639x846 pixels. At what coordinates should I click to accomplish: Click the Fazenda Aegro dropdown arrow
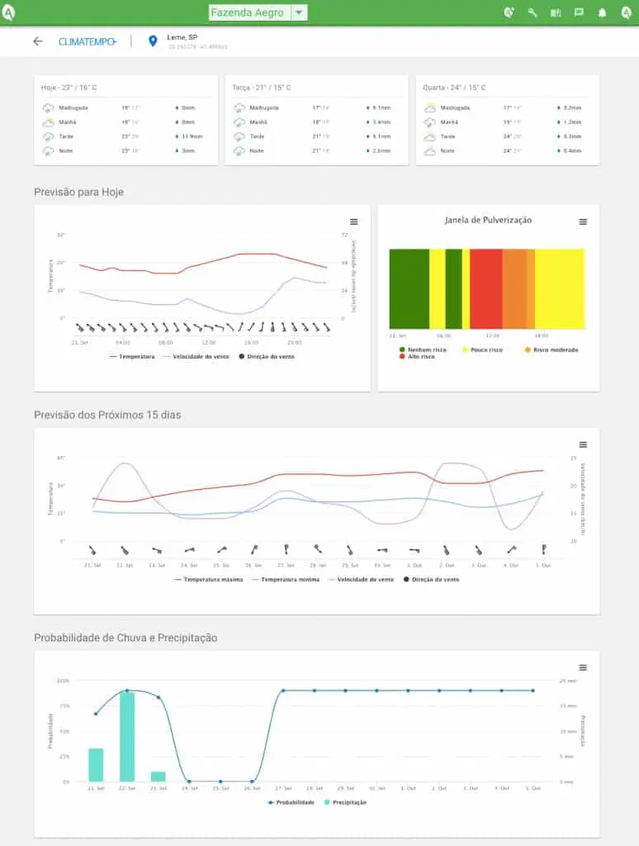[299, 12]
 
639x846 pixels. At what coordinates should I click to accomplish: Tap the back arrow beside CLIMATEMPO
[37, 41]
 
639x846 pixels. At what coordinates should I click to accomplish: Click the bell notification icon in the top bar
[602, 12]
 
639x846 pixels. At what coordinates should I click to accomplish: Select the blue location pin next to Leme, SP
[152, 41]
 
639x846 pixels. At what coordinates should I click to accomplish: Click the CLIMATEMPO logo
[87, 41]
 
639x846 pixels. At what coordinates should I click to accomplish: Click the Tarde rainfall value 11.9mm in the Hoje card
[192, 136]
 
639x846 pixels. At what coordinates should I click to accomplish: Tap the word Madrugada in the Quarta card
[455, 107]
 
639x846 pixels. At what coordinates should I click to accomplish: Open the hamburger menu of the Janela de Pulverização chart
[583, 221]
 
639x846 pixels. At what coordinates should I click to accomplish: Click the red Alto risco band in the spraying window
[486, 289]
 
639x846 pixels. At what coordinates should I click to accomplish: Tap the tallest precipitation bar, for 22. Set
[127, 737]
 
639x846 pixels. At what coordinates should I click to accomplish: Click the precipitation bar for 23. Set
[158, 777]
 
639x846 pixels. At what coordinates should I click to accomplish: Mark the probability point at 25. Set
[220, 782]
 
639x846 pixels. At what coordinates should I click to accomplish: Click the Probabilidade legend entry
[294, 802]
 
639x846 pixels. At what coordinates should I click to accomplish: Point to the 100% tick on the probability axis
[63, 681]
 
